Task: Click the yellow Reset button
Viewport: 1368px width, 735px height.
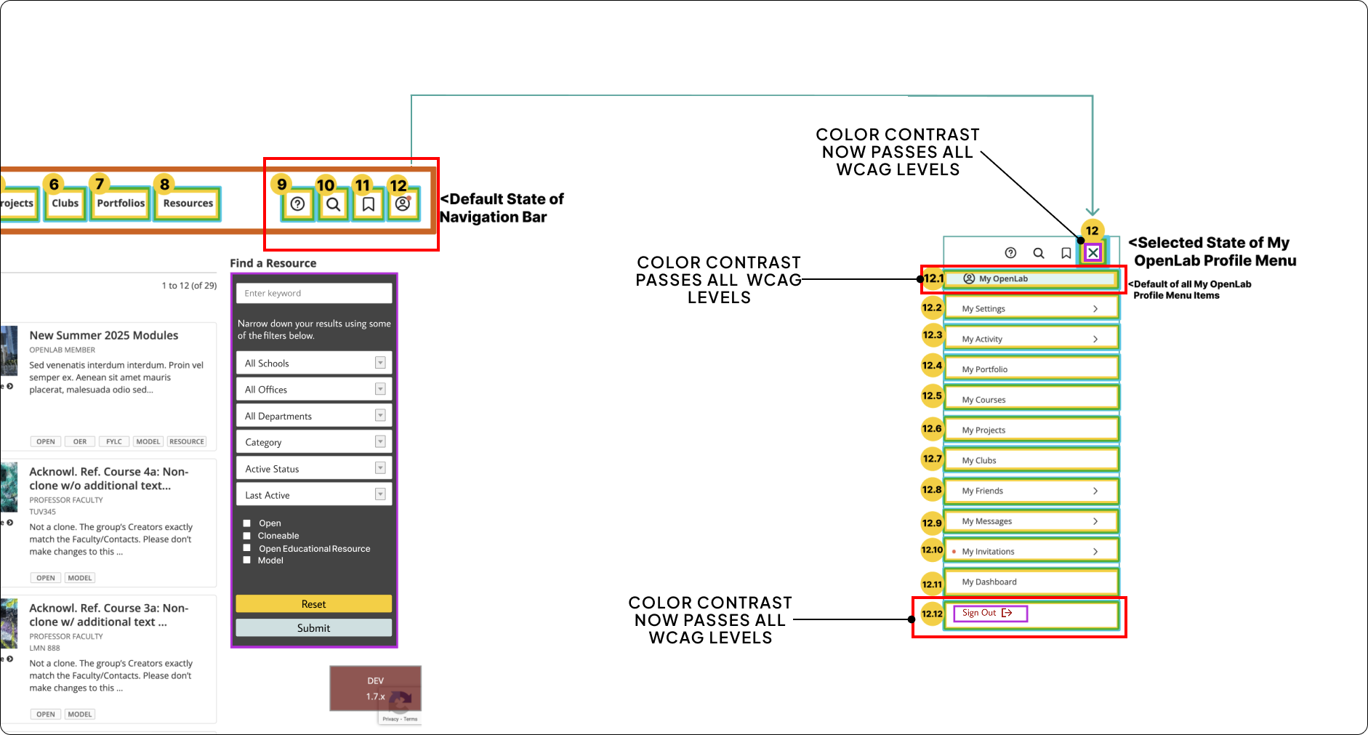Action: pyautogui.click(x=313, y=603)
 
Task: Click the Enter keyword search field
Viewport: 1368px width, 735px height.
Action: pyautogui.click(x=313, y=293)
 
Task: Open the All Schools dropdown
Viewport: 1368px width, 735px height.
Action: pyautogui.click(x=313, y=363)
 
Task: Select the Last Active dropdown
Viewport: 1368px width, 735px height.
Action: pyautogui.click(x=313, y=495)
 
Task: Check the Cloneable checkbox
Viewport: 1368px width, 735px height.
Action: pyautogui.click(x=247, y=536)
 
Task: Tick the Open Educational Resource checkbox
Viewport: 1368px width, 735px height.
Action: pyautogui.click(x=247, y=548)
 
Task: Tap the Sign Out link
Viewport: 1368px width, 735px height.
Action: pyautogui.click(x=989, y=614)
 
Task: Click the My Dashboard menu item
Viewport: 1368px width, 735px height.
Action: pyautogui.click(x=1031, y=582)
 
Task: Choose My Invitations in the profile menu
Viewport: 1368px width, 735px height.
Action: pyautogui.click(x=1031, y=551)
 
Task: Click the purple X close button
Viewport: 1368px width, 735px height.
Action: pyautogui.click(x=1093, y=253)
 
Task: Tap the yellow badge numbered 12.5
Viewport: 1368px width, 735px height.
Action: pyautogui.click(x=932, y=396)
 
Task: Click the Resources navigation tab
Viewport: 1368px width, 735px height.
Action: pyautogui.click(x=188, y=204)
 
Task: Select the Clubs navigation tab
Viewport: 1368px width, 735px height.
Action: pyautogui.click(x=65, y=204)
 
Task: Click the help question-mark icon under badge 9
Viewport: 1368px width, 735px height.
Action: pyautogui.click(x=297, y=204)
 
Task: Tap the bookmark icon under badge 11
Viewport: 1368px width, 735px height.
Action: pyautogui.click(x=369, y=204)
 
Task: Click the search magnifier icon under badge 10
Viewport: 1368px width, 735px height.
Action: pyautogui.click(x=333, y=204)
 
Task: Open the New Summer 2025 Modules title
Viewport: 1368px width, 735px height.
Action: pyautogui.click(x=104, y=335)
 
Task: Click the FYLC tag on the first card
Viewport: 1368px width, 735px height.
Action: pyautogui.click(x=114, y=441)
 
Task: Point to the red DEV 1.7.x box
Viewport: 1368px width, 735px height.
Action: pyautogui.click(x=375, y=688)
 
